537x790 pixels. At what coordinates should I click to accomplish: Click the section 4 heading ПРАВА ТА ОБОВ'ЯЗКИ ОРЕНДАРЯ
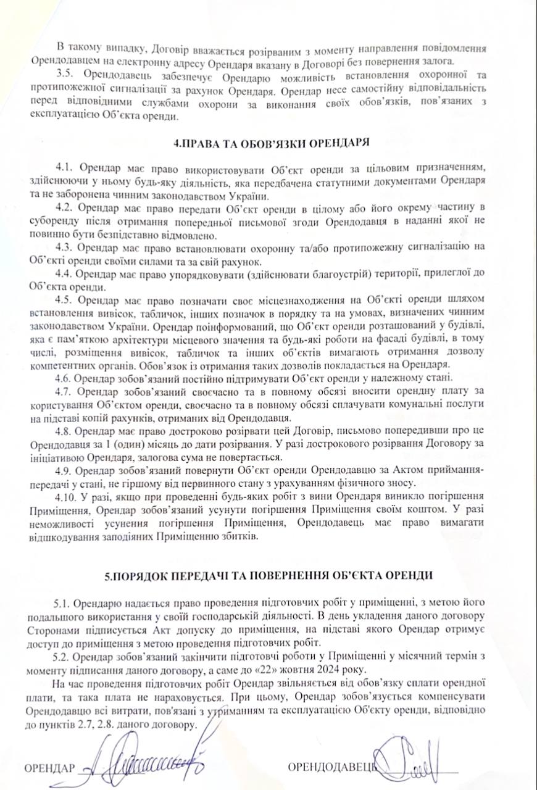[272, 144]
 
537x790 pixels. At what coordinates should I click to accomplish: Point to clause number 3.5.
[65, 75]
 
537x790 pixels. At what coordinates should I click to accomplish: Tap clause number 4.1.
[64, 168]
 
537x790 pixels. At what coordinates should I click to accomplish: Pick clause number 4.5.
[64, 300]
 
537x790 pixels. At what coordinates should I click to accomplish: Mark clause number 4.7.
[64, 390]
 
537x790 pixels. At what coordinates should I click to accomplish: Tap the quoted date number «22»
[348, 671]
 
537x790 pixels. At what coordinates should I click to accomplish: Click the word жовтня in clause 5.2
[380, 671]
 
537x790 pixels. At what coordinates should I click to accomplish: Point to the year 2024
[412, 671]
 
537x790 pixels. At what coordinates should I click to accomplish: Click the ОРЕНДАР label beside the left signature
[49, 768]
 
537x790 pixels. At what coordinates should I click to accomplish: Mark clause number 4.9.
[64, 470]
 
